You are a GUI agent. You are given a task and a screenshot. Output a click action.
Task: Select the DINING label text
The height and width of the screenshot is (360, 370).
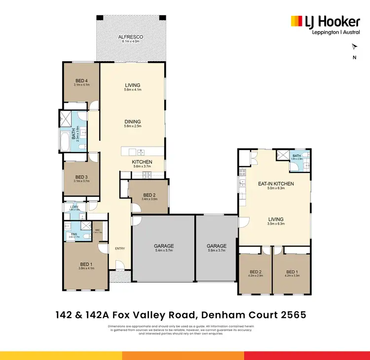point(132,121)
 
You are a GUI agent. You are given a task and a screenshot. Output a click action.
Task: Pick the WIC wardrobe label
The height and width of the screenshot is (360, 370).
point(99,230)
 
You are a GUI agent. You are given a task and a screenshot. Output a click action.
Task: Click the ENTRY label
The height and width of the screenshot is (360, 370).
point(120,248)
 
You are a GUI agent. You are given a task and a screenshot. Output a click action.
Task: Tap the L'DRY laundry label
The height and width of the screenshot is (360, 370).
point(74,207)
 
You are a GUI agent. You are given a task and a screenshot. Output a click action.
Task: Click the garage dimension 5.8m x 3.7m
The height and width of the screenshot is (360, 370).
point(216,251)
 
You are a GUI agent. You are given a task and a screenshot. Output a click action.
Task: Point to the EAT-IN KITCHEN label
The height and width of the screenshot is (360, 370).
point(276,184)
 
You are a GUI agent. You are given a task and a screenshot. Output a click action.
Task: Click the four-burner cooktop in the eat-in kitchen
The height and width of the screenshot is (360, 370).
point(242,172)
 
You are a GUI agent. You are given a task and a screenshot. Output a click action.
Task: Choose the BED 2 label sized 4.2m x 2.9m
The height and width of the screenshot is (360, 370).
point(255,272)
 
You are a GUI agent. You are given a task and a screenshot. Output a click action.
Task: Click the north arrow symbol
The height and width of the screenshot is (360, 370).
point(354,47)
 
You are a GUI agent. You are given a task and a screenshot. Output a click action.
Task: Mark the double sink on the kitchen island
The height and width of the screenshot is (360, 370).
point(140,152)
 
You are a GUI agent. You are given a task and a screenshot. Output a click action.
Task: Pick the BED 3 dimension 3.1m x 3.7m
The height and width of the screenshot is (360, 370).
point(81,181)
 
